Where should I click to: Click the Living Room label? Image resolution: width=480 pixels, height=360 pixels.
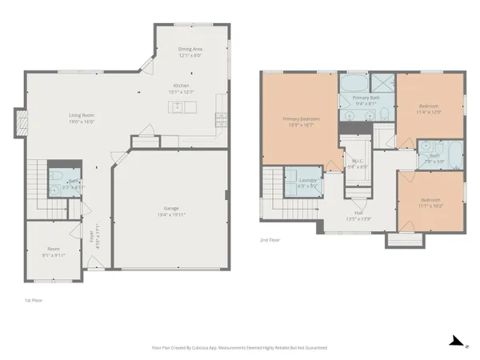click(x=82, y=115)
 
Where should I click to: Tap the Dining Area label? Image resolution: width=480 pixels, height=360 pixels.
click(x=190, y=49)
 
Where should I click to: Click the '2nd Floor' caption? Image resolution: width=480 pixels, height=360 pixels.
click(x=270, y=239)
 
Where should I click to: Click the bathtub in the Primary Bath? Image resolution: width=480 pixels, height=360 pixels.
click(x=352, y=83)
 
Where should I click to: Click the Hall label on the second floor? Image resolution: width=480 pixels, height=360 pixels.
click(x=359, y=213)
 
